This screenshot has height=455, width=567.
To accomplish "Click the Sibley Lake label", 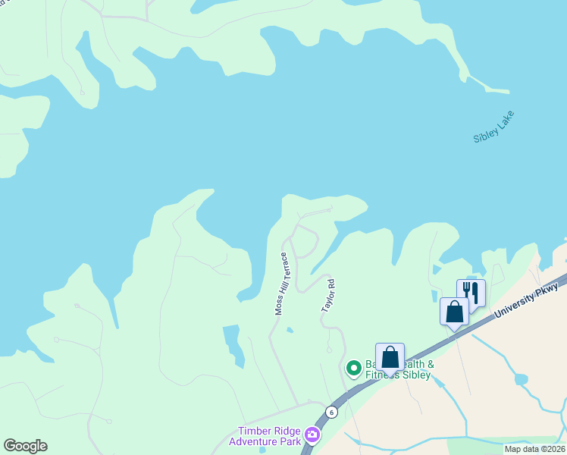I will click(x=493, y=127).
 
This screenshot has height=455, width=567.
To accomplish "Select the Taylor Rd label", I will click(x=327, y=295).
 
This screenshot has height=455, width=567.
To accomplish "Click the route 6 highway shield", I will click(x=331, y=412).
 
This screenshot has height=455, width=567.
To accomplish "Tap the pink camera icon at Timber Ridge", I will click(x=312, y=435).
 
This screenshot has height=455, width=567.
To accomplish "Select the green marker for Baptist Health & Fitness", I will click(x=353, y=369).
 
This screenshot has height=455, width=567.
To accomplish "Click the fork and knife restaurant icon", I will click(x=470, y=293).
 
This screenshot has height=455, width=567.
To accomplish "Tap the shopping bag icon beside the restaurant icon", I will click(x=454, y=312).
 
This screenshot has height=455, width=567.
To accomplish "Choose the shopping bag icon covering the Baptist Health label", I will click(x=390, y=357).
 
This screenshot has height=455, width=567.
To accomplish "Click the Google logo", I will click(x=25, y=446).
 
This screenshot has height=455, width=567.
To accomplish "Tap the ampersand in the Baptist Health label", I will click(x=430, y=365).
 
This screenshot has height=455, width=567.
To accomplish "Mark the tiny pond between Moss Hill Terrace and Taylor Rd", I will click(x=290, y=330).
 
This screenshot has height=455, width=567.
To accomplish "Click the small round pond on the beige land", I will click(x=520, y=378).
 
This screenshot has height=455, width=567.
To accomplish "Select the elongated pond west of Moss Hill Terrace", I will click(x=234, y=344).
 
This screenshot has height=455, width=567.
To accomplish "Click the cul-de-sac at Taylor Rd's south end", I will click(x=329, y=349).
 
